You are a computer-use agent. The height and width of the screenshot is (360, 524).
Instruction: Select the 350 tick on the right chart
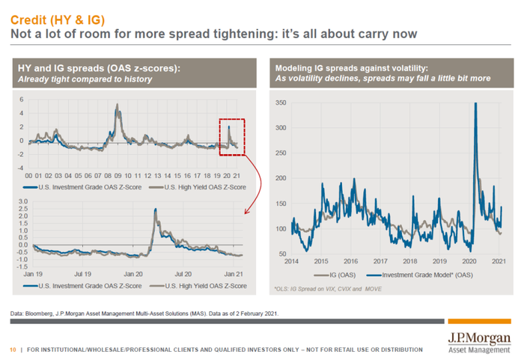[281, 103]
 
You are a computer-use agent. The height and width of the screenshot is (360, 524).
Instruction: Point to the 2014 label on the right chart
[291, 261]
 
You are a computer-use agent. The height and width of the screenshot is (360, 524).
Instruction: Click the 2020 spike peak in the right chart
[475, 104]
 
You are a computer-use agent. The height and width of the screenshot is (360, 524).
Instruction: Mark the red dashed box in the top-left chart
[232, 137]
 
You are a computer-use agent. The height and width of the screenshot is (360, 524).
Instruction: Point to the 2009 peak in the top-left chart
[118, 105]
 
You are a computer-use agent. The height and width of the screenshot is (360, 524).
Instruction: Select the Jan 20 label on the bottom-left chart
[139, 275]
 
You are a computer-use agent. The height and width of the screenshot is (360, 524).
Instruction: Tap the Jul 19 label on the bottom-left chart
[84, 275]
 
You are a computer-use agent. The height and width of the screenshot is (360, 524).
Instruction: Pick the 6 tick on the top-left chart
[22, 100]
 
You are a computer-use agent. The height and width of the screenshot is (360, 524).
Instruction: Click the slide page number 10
[13, 350]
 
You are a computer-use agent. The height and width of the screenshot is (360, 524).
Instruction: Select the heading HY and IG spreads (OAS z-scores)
[98, 70]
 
